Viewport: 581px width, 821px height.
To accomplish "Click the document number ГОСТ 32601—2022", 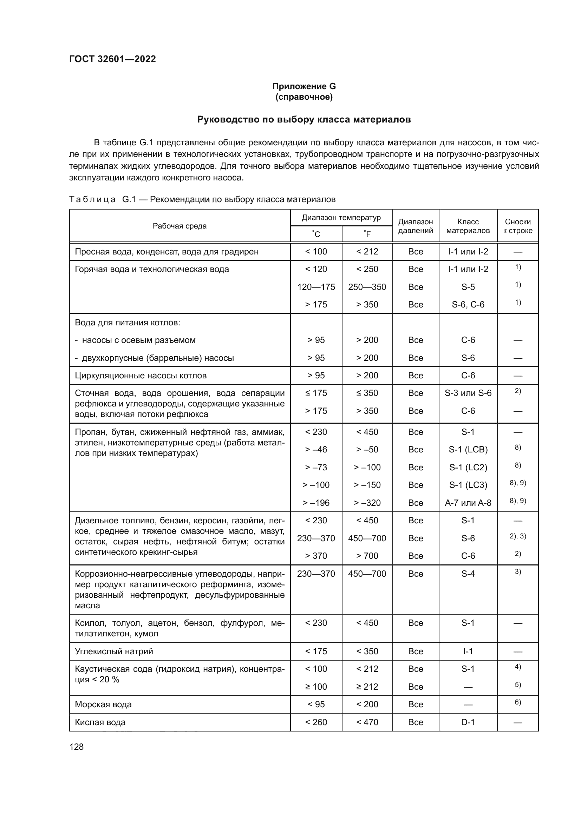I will point(112,59).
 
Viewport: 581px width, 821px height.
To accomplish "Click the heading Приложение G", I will point(304,86).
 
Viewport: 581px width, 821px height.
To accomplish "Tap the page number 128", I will point(76,747).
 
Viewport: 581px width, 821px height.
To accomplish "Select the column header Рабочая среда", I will point(179,226).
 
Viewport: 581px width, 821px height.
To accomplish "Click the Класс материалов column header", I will point(468,226).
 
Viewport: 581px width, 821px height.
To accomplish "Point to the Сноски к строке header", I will point(517,226).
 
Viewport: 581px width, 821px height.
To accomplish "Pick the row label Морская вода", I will point(103,704).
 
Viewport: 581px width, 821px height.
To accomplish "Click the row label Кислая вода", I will point(100,722).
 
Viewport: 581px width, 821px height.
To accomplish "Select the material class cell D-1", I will point(468,722).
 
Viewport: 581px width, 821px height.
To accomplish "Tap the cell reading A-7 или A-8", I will point(468,503).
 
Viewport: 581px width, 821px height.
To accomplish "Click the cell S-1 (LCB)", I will point(468,450).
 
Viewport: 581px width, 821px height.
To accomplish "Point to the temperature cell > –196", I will point(316,503).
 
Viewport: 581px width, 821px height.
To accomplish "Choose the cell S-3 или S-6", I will point(468,393).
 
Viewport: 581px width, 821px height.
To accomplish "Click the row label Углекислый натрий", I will point(114,651).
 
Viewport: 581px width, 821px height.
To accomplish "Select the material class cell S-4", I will point(468,574).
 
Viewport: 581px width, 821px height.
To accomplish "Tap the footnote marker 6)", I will point(517,702).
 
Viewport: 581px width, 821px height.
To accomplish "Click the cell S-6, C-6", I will point(468,305).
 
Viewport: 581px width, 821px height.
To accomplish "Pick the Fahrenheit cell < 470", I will point(367,722).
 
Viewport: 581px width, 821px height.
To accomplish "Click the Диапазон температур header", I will point(341,218).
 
